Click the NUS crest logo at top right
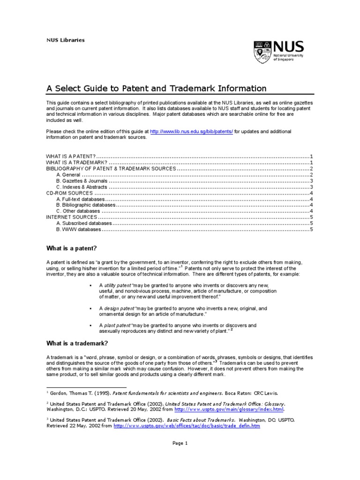point(262,52)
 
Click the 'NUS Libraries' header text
point(65,40)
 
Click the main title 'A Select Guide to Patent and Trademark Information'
point(156,89)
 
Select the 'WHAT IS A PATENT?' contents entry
point(71,156)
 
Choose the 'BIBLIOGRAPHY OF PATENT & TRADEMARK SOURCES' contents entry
point(111,168)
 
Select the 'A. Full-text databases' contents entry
point(81,199)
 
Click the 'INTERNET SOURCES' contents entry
point(71,217)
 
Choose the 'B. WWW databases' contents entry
point(78,230)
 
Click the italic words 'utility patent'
point(117,285)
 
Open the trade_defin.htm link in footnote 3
point(187,426)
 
